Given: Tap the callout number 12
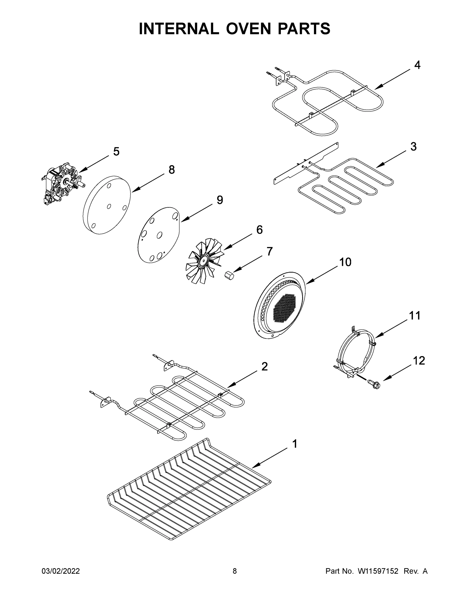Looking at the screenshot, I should pos(419,361).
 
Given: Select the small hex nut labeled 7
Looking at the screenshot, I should pos(229,276).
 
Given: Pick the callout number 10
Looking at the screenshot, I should pos(345,262).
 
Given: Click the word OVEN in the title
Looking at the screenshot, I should pos(248,29).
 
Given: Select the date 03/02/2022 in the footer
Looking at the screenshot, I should pos(61,571).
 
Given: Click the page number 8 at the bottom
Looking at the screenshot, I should pos(235,571).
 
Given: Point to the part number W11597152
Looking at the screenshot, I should pos(378,571).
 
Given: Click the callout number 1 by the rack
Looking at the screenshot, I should pos(295,444).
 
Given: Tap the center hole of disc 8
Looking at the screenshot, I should pos(109,206).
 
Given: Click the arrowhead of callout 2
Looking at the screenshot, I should pos(229,386).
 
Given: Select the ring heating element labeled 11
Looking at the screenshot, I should pos(356,352).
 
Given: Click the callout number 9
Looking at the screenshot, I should pos(219,200).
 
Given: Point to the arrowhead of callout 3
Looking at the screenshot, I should pos(378,167).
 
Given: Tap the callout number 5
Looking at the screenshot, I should pos(116,152).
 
